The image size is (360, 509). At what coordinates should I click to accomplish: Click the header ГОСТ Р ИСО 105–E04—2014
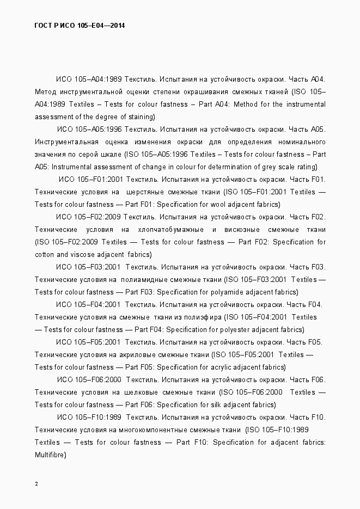coord(80,25)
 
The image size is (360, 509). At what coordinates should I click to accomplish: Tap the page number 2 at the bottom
coord(36,484)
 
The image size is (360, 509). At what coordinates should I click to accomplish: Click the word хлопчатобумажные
coord(171,229)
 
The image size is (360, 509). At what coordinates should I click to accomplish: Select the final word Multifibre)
coord(50,455)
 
